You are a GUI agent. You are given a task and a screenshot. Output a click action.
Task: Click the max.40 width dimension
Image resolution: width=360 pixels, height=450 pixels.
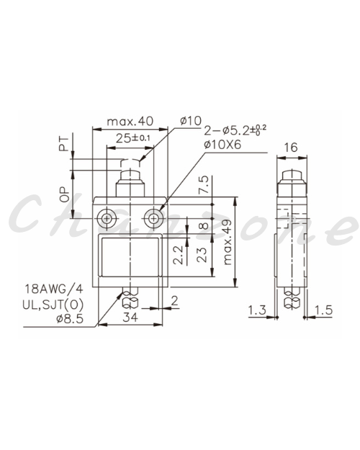pos(130,122)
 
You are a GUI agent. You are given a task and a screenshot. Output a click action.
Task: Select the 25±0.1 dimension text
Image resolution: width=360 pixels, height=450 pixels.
pos(133,138)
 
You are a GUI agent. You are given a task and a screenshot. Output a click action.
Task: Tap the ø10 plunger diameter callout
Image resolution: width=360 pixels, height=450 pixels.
pos(191,121)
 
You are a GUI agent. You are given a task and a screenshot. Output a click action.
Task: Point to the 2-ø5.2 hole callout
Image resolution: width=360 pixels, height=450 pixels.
pos(235,130)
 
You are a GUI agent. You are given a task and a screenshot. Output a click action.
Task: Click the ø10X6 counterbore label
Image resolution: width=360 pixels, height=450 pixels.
pos(222,145)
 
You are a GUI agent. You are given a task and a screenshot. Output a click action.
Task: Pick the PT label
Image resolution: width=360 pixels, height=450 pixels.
pos(64,144)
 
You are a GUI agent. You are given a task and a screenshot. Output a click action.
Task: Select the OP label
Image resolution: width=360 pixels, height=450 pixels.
pos(64,194)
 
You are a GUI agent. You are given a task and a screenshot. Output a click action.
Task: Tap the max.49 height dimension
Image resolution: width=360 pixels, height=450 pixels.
pos(227,242)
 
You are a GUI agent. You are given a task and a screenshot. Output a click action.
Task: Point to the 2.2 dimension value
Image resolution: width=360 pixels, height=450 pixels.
pos(179,255)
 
